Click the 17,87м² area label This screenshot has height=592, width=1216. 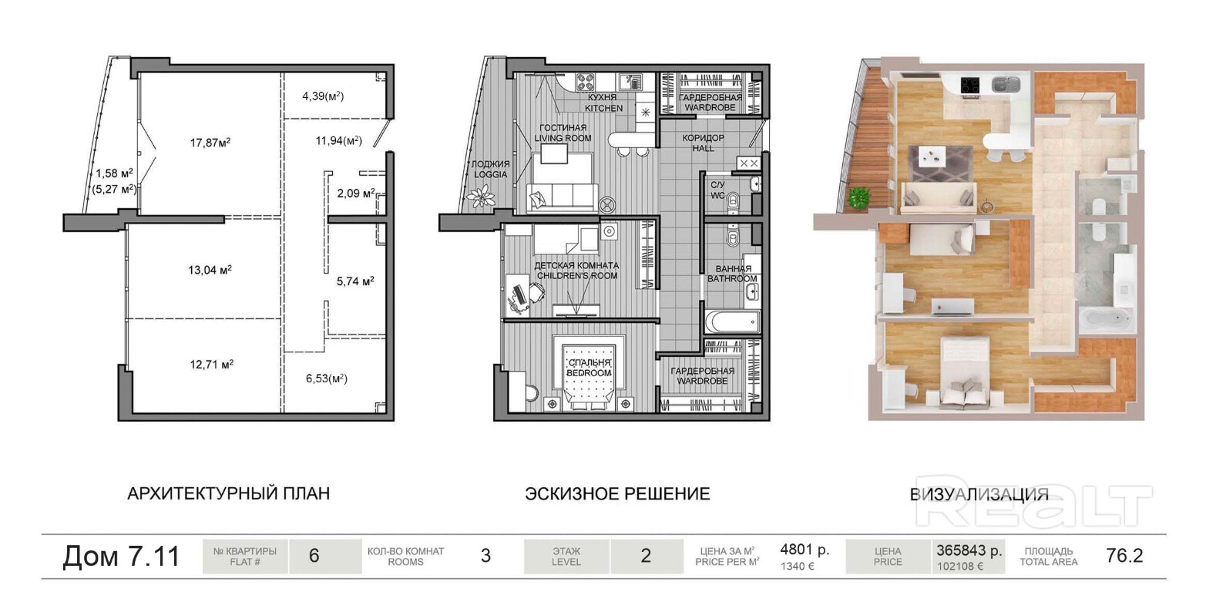point(210,143)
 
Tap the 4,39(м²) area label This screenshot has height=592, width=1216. point(323,96)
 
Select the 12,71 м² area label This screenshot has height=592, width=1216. point(212,364)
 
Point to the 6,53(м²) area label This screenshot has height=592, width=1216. point(327,378)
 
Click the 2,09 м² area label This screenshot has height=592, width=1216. point(356,193)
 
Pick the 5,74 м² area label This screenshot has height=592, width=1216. point(355,281)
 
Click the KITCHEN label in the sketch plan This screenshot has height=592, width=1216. point(603,108)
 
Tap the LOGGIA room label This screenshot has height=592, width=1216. point(490,174)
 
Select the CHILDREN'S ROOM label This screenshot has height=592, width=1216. point(577,275)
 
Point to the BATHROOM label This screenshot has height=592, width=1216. point(732,278)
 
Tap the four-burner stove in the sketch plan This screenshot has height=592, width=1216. point(585,82)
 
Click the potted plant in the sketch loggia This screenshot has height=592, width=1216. point(481,196)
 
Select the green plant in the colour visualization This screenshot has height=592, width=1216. point(858,197)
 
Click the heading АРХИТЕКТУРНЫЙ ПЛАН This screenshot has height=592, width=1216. point(229,493)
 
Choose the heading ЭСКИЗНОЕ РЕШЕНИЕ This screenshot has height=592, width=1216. point(617,493)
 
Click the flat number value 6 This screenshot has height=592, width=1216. point(314,556)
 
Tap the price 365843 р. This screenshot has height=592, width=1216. point(969,550)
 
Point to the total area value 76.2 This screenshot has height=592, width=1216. point(1124,555)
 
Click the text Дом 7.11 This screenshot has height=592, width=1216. point(121,556)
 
